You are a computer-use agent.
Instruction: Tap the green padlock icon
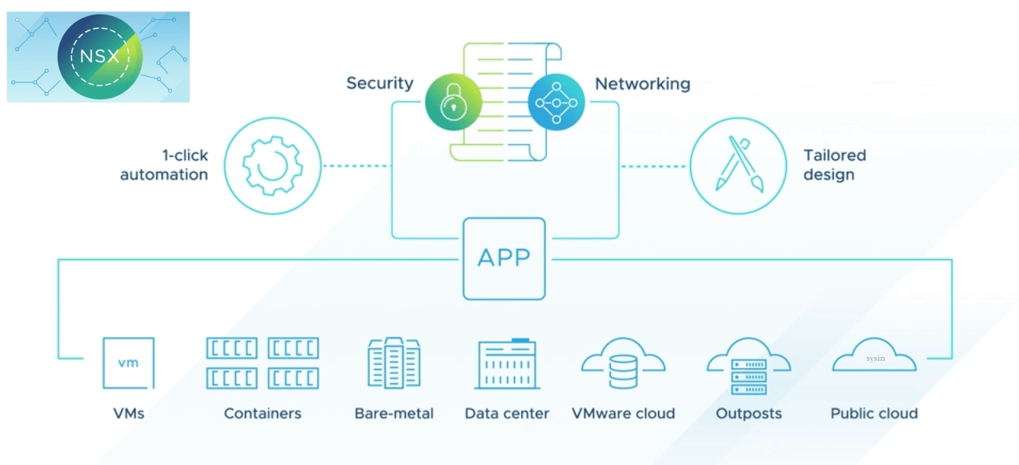pos(454,102)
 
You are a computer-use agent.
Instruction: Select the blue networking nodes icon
pos(556,102)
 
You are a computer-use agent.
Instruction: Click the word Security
pos(379,83)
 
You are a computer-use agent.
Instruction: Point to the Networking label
pos(642,83)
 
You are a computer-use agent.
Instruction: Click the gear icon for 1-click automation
pos(272,166)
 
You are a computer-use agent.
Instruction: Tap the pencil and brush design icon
pos(738,166)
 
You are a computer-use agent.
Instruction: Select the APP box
pos(503,259)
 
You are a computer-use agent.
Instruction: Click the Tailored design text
pos(834,165)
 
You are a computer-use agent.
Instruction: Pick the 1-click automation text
pos(164,165)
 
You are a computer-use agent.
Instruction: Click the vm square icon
pos(128,363)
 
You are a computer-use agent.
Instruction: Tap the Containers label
pos(263,414)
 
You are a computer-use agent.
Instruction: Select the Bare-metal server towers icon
pos(394,363)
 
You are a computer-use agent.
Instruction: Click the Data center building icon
pos(507,363)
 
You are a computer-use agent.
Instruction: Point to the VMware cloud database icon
pos(623,367)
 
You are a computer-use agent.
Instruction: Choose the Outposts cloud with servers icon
pos(748,368)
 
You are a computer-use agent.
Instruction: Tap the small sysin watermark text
pos(875,359)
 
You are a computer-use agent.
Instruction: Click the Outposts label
pos(748,414)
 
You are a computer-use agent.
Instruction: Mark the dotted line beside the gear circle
pos(356,166)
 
